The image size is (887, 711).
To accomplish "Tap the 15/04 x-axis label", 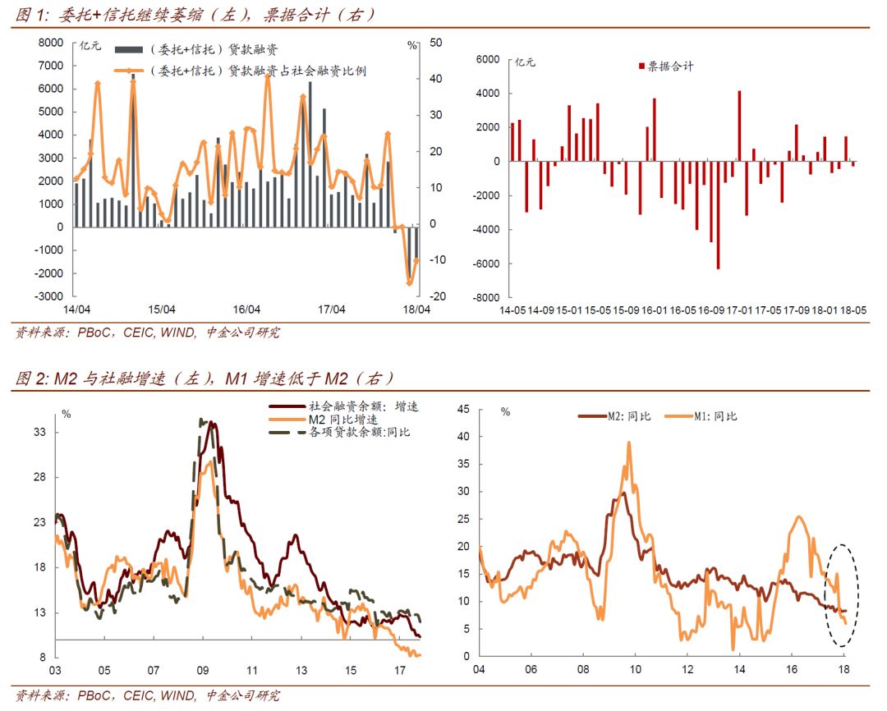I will coord(162,310).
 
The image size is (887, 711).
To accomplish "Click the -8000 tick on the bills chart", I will coord(487,298).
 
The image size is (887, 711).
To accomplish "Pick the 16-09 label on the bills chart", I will coord(711,311).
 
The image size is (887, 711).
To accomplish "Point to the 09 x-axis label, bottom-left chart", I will coord(204,670).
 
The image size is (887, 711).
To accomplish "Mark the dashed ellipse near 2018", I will coord(842,587).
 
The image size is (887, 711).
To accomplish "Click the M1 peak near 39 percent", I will coord(629,443).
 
